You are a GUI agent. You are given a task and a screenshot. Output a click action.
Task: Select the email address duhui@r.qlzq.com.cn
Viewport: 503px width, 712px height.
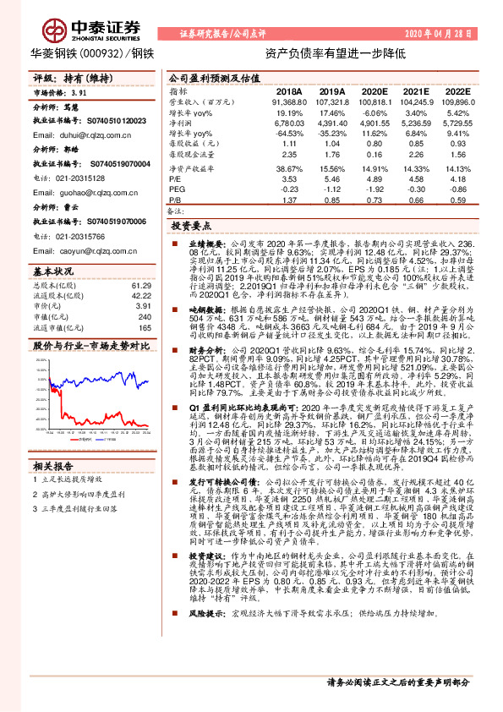74,134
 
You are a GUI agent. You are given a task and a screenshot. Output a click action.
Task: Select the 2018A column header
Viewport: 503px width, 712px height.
289,90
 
